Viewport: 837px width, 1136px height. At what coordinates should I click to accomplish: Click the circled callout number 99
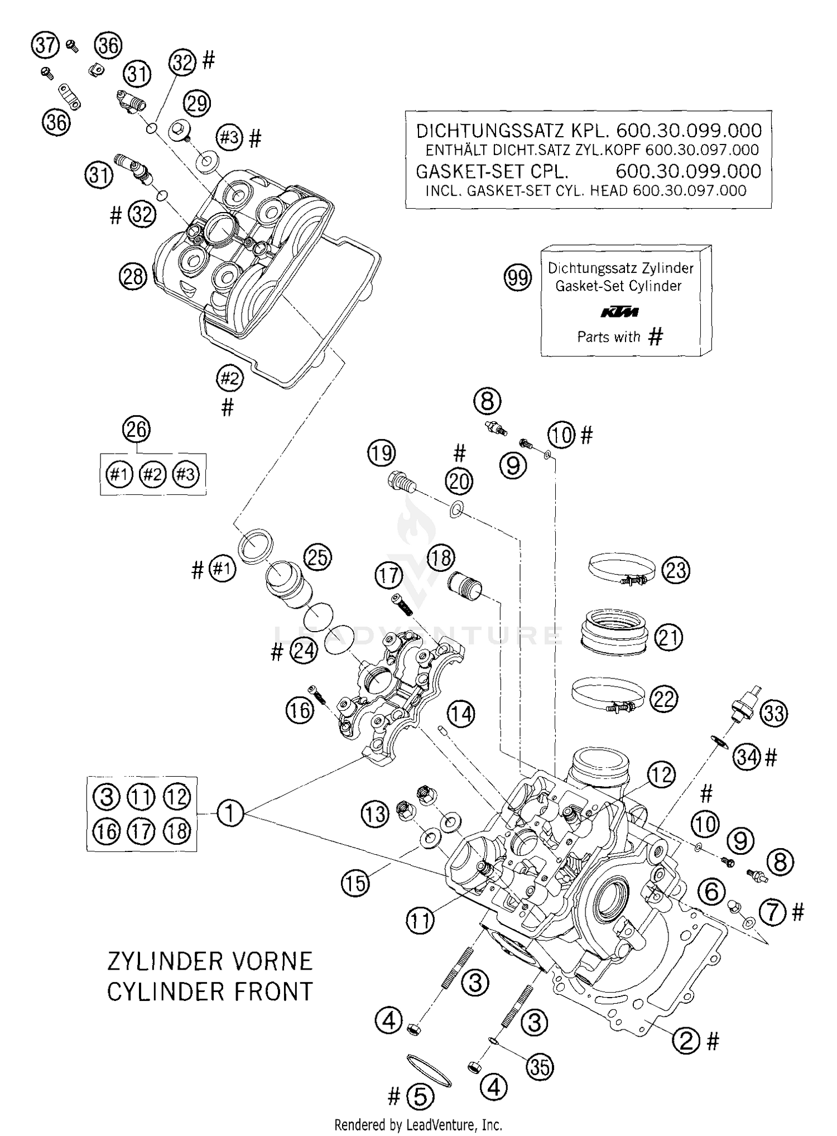click(518, 277)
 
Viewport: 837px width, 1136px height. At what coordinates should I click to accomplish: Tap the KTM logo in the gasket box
click(619, 312)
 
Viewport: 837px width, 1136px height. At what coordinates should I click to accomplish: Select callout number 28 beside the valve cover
click(133, 276)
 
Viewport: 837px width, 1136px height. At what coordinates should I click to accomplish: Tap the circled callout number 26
click(137, 429)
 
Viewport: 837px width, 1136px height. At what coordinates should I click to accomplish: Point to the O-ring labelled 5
click(429, 1071)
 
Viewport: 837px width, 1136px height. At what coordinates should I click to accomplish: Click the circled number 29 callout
click(196, 104)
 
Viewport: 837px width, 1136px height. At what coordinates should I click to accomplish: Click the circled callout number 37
click(45, 45)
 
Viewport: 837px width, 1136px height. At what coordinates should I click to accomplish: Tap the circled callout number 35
click(540, 1067)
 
